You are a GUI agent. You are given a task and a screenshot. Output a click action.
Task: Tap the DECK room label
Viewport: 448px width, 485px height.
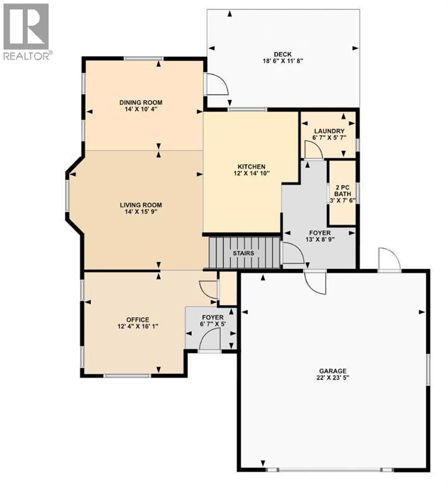[x=283, y=54]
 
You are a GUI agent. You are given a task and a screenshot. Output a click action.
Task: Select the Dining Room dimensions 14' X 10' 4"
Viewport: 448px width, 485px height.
[x=141, y=109]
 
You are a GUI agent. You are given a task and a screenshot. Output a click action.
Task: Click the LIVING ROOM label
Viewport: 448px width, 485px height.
[x=141, y=205]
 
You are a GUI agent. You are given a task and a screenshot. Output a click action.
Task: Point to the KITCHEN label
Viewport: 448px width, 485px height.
[x=252, y=166]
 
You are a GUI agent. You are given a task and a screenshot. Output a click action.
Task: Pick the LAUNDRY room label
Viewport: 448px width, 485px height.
[x=328, y=131]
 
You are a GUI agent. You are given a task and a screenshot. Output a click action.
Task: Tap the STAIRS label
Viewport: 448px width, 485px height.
[x=244, y=253]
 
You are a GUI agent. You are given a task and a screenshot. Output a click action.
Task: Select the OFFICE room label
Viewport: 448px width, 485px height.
[x=137, y=318]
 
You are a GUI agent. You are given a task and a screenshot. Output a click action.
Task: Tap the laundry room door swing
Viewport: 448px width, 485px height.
[x=312, y=150]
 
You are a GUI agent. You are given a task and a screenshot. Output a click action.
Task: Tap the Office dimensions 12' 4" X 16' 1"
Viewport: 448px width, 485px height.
[x=137, y=326]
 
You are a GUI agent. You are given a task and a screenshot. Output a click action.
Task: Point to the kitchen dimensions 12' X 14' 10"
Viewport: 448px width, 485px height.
[x=252, y=174]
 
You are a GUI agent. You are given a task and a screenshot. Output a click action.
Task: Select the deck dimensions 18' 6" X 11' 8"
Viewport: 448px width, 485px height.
[x=283, y=61]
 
